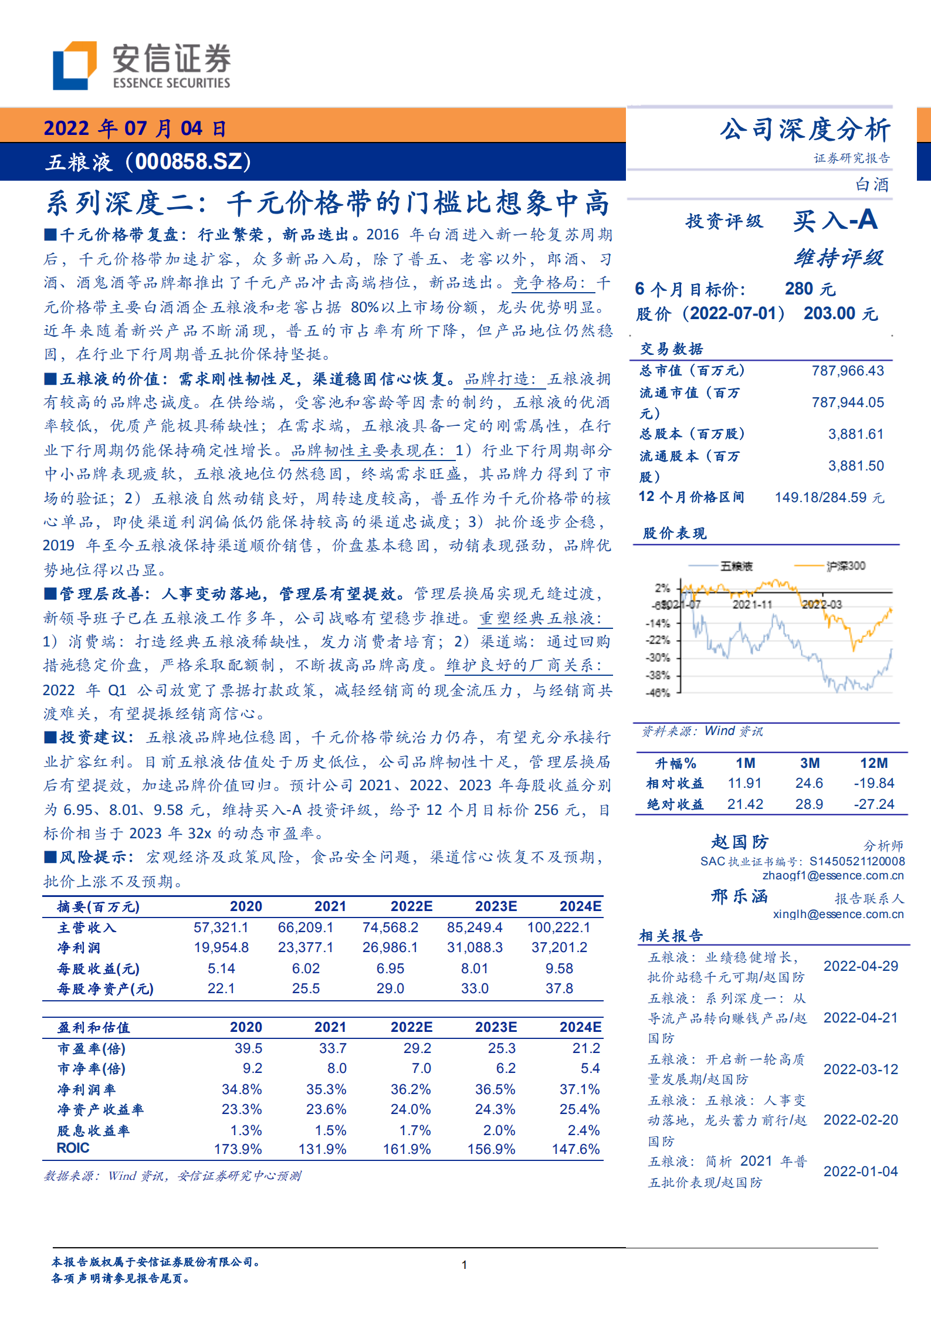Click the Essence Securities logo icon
(x=75, y=65)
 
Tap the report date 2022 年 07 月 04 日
(x=135, y=128)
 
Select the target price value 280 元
(x=810, y=289)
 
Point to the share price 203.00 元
(x=840, y=314)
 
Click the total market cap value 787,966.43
(x=848, y=371)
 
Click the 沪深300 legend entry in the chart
(x=845, y=566)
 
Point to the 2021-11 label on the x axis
(x=752, y=604)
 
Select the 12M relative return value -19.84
(x=874, y=783)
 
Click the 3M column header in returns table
(x=810, y=763)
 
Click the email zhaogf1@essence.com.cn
(x=833, y=876)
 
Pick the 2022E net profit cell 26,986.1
(x=390, y=947)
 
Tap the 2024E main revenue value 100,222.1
(x=558, y=927)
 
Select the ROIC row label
(x=73, y=1148)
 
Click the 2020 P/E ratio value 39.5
(x=248, y=1048)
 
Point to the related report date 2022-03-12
(x=861, y=1069)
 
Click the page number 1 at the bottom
(x=465, y=1265)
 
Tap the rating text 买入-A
(x=835, y=221)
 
